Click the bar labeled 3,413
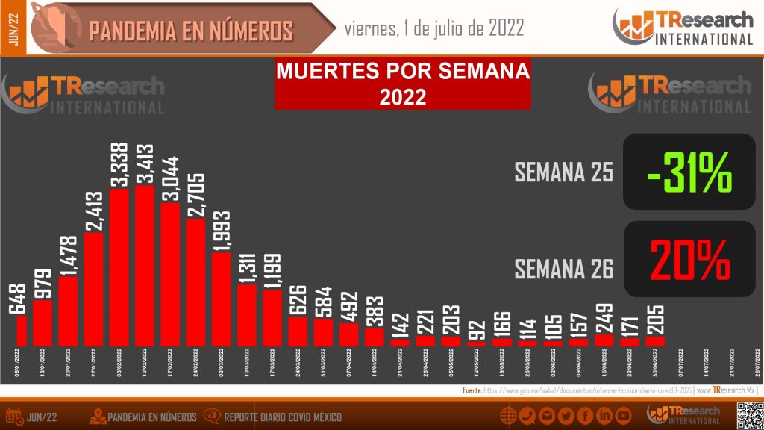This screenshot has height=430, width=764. pos(145,266)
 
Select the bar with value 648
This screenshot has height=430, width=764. pos(21,330)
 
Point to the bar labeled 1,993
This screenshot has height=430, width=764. pos(221,299)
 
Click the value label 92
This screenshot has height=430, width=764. pos(477,328)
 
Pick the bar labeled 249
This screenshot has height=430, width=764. pos(604,340)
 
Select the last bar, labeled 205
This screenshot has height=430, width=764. pos(655,341)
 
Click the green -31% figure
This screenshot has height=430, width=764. pos(689,172)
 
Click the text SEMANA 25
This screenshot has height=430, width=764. pos(564,173)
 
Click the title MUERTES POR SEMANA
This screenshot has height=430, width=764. pos(403,72)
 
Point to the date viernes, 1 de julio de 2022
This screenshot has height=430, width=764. pos(433,28)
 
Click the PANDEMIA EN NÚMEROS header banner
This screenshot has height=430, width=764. pos(190,31)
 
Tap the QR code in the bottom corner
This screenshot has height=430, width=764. pos(748,415)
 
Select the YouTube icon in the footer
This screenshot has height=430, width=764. pos(623,416)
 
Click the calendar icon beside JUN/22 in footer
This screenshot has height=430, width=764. pos(13,416)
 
